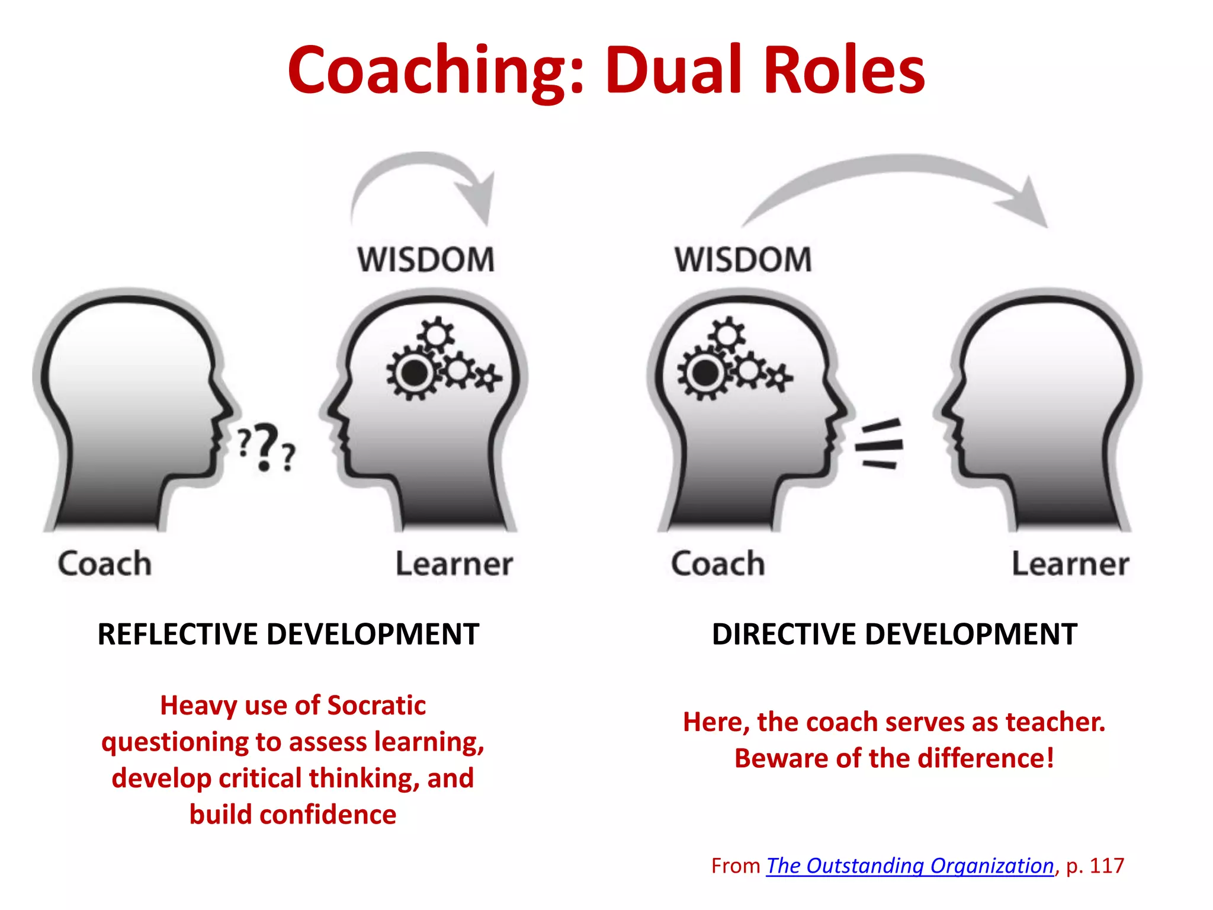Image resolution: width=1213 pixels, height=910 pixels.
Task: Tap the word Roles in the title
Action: [x=844, y=71]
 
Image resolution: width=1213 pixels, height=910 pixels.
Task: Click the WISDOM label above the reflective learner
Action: [x=426, y=259]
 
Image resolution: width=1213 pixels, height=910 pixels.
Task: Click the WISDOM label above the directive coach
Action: [x=743, y=259]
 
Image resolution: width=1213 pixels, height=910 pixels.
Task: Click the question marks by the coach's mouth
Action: [x=265, y=447]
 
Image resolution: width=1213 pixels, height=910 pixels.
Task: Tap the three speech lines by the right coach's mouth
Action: [x=880, y=444]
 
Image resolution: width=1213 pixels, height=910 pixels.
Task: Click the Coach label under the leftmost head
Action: [x=105, y=563]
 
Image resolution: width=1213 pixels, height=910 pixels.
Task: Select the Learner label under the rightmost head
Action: [x=1070, y=563]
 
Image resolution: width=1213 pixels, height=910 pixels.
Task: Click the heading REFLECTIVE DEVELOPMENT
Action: [x=288, y=634]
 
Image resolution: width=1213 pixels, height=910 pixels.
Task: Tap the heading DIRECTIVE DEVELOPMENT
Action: [x=894, y=634]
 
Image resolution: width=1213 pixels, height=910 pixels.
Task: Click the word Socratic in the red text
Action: [x=376, y=706]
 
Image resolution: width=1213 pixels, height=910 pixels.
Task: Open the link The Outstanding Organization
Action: [x=910, y=866]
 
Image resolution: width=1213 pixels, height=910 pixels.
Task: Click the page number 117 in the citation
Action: [x=1106, y=866]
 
